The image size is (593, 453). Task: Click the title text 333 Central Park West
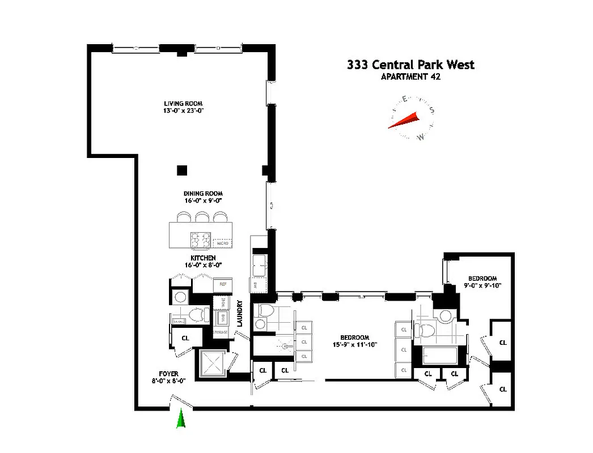[x=410, y=65]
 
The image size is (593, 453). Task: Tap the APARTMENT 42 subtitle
[x=410, y=77]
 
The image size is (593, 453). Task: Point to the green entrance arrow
[x=181, y=419]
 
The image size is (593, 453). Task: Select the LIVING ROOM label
[x=183, y=104]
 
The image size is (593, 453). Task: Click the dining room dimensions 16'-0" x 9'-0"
[x=202, y=200]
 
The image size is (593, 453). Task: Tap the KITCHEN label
[x=202, y=258]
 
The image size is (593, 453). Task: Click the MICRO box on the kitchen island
[x=222, y=242]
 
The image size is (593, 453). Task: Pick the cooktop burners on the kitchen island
[x=201, y=241]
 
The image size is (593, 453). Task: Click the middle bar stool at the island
[x=202, y=217]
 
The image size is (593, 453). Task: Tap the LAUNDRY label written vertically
[x=240, y=313]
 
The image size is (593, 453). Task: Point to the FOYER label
[x=168, y=374]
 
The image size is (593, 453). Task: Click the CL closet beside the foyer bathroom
[x=185, y=338]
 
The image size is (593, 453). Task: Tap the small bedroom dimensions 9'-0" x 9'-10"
[x=482, y=285]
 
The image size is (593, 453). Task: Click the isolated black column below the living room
[x=181, y=170]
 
